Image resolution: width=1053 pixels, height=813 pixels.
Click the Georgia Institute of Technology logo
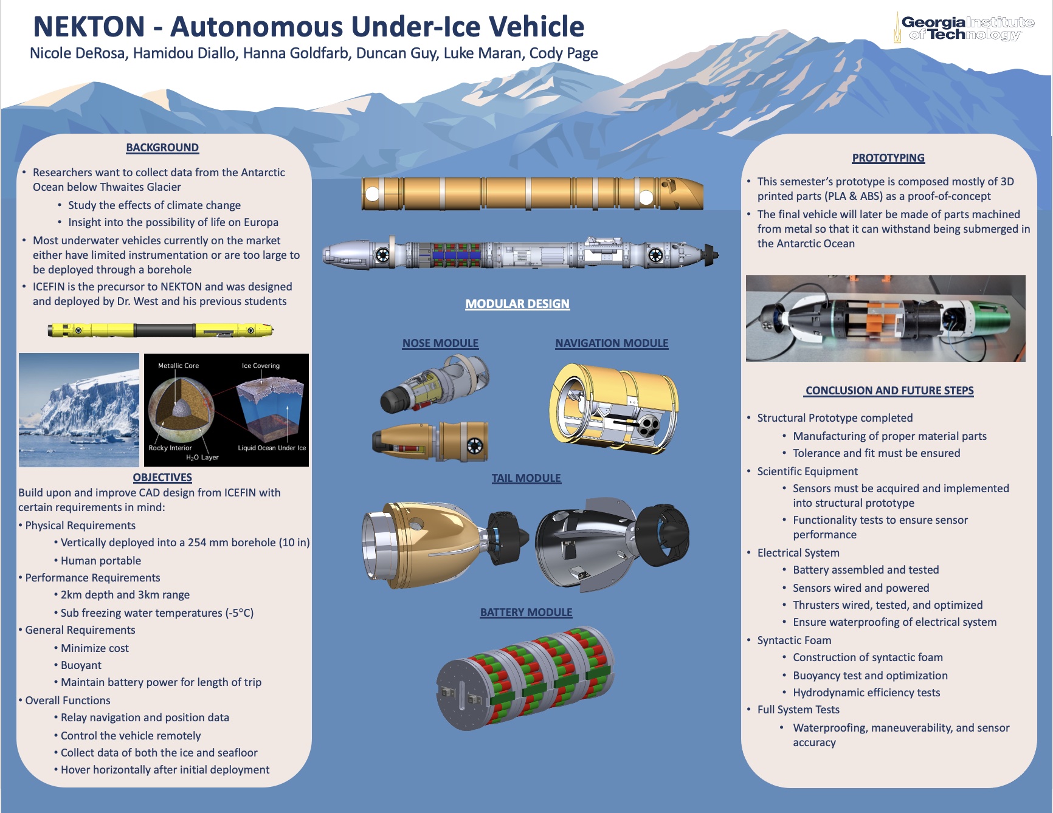coord(964,28)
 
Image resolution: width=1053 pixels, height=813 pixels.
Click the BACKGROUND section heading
coord(162,148)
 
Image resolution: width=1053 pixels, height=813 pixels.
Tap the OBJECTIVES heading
coord(162,478)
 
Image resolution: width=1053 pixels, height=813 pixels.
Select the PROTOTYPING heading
coord(888,158)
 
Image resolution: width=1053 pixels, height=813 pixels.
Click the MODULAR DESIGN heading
coord(517,304)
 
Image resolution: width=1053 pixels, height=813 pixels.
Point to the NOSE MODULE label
coord(440,343)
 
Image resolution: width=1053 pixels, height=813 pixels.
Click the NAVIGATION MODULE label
coord(612,343)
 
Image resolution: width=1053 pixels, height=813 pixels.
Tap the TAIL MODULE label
coord(526,478)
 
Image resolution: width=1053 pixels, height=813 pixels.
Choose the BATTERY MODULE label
coord(526,612)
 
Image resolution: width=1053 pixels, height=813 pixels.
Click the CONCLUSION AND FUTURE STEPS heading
coord(889,391)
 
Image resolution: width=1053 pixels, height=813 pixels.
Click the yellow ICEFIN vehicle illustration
coord(161,330)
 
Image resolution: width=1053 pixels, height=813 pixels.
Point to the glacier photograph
coord(79,410)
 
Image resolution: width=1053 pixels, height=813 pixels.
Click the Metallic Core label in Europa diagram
coord(178,366)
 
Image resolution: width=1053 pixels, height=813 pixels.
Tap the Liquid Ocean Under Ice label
coord(272,448)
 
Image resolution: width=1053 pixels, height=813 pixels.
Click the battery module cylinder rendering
coord(525,678)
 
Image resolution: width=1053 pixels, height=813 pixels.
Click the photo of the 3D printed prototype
coord(885,319)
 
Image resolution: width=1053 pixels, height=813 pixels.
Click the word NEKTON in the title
coord(89,27)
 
